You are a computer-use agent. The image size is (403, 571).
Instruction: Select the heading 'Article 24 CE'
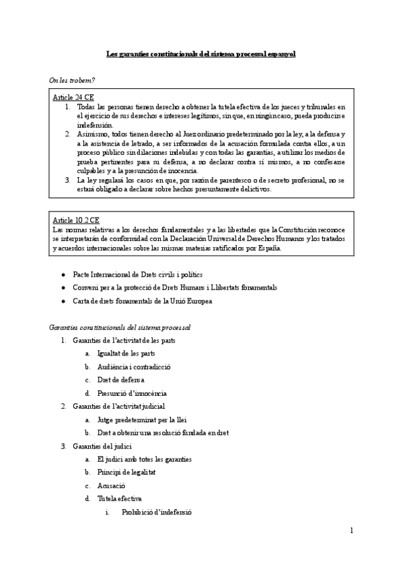coord(73,98)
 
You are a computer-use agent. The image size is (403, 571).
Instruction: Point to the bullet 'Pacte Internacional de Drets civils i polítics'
coord(138,275)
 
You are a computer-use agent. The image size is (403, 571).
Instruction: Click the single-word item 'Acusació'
coord(111,485)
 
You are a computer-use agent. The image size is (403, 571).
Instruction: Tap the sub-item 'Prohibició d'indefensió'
coord(157,512)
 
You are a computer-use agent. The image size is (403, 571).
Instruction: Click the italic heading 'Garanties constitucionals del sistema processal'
coord(120,327)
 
